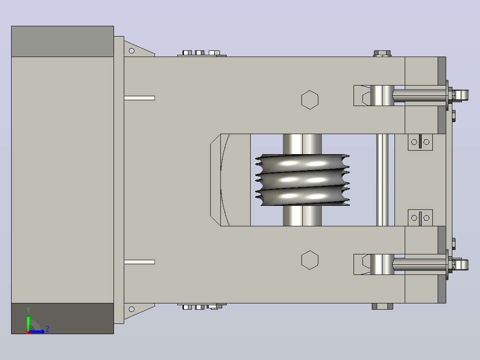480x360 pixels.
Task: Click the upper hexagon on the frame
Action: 310,100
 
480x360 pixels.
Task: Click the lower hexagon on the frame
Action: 310,260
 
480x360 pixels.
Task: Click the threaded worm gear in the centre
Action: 302,180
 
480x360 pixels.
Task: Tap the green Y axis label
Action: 28,310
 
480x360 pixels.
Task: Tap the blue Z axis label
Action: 48,329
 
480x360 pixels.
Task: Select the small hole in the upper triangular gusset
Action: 132,51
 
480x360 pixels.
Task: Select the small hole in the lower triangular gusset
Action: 132,309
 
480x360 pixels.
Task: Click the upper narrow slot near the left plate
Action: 139,98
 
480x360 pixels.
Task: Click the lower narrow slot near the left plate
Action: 139,262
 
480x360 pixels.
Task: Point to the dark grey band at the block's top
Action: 62,41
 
